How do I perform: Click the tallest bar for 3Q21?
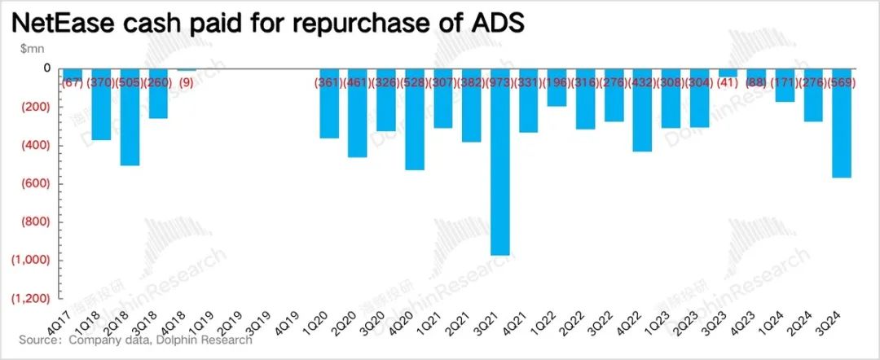pyautogui.click(x=500, y=163)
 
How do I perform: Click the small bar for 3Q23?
pyautogui.click(x=728, y=73)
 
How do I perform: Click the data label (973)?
pyautogui.click(x=500, y=81)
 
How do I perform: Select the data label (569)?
pyautogui.click(x=843, y=81)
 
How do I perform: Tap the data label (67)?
pyautogui.click(x=73, y=81)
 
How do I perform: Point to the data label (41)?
pyautogui.click(x=728, y=81)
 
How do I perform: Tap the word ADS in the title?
pyautogui.click(x=492, y=24)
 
